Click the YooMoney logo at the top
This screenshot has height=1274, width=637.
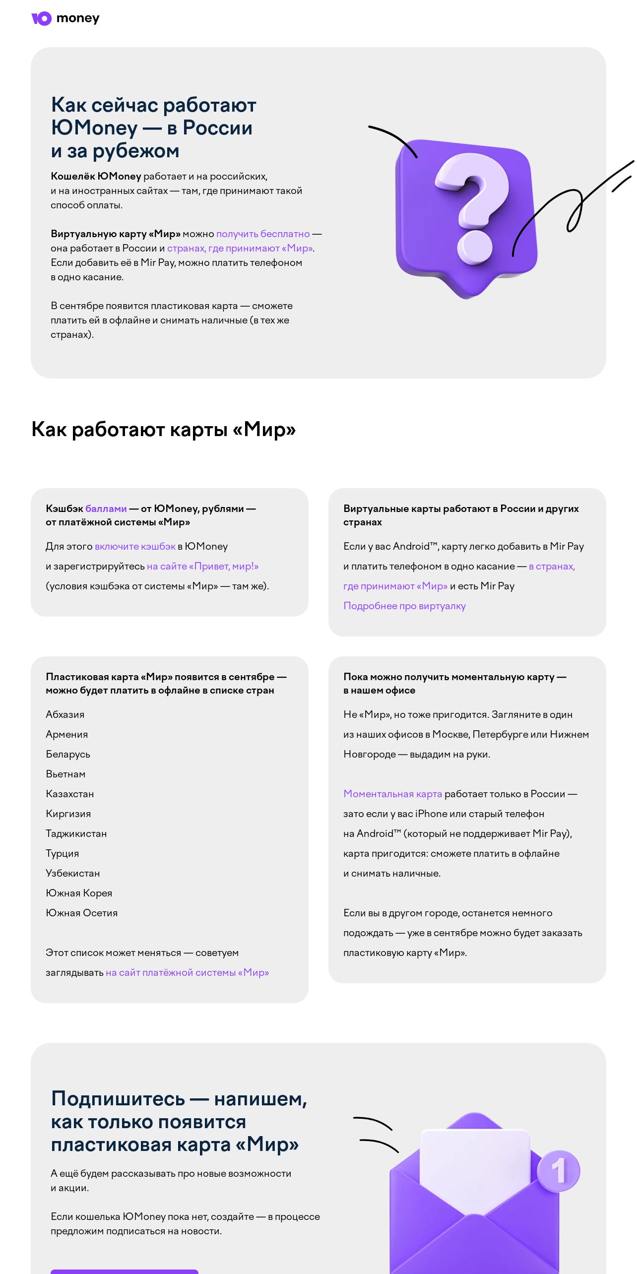[x=65, y=18]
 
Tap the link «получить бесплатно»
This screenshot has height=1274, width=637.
[x=262, y=234]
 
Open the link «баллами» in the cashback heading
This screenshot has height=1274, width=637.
[x=106, y=509]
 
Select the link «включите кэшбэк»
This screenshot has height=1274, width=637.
[x=135, y=546]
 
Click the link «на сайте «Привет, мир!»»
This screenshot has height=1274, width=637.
[x=202, y=566]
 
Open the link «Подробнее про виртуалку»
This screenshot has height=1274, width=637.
[x=404, y=606]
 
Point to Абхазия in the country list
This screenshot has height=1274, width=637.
[x=65, y=714]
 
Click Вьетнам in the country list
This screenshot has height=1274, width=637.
[x=65, y=774]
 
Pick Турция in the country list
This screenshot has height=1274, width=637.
[x=63, y=853]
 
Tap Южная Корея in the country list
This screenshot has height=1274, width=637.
[x=79, y=893]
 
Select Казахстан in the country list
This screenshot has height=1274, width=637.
[x=70, y=794]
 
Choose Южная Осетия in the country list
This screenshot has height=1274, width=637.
[x=82, y=913]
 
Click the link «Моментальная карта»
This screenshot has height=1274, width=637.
[x=392, y=794]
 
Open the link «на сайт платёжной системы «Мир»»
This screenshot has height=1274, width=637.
[x=187, y=972]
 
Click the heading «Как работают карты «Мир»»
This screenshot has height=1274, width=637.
[x=164, y=430]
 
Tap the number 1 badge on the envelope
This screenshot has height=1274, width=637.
[x=559, y=1171]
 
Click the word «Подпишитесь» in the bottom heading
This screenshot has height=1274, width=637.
[x=118, y=1099]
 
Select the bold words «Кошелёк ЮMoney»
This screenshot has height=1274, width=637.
[x=96, y=177]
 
